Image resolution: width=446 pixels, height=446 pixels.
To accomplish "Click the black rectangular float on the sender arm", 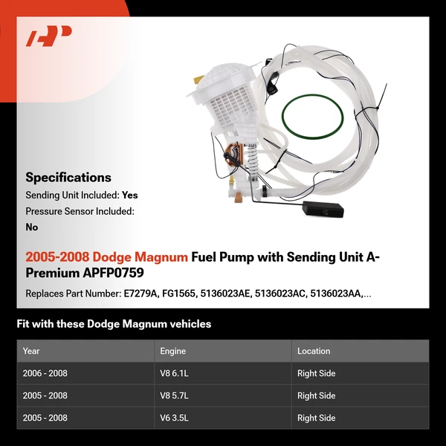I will pyautogui.click(x=321, y=210).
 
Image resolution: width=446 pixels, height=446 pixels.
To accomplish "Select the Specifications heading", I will pyautogui.click(x=68, y=177).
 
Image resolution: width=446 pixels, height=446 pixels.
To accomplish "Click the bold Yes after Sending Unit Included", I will pyautogui.click(x=130, y=195).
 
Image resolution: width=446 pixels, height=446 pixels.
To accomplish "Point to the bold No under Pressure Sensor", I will pyautogui.click(x=32, y=227).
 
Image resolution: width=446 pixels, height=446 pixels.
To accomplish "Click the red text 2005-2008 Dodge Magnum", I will pyautogui.click(x=106, y=257).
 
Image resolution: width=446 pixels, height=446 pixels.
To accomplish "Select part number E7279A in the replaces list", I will pyautogui.click(x=141, y=294).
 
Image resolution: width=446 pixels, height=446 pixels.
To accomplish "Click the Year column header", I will pyautogui.click(x=31, y=351).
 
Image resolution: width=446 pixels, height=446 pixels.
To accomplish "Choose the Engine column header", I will pyautogui.click(x=172, y=351).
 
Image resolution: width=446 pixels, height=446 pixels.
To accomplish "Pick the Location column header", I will pyautogui.click(x=314, y=351).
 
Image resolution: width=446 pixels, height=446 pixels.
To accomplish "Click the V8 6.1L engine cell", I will pyautogui.click(x=176, y=373).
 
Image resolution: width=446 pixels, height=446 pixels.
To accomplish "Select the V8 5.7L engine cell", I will pyautogui.click(x=176, y=395).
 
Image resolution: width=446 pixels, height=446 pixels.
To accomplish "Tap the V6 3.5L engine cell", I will pyautogui.click(x=176, y=418).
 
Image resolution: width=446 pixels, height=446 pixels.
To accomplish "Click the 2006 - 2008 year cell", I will pyautogui.click(x=45, y=373).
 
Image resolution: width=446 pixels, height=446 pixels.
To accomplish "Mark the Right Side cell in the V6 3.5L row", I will pyautogui.click(x=316, y=418).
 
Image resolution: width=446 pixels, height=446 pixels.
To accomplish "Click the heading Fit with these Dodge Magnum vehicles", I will pyautogui.click(x=114, y=324).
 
